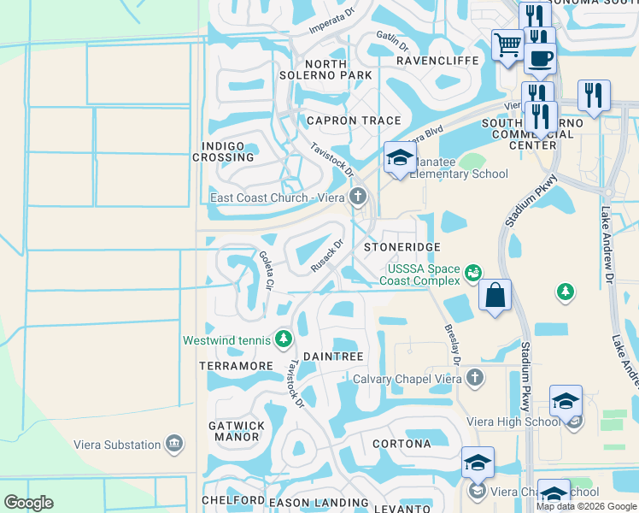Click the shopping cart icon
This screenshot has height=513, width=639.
507,44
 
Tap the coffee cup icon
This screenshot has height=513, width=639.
539,59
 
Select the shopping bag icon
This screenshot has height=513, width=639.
495,295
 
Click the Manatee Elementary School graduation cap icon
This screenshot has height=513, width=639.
399,157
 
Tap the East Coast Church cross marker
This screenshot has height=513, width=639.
358,198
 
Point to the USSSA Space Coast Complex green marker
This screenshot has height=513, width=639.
473,273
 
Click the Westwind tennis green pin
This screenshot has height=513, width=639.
283,340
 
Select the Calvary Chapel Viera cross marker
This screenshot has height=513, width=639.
475,378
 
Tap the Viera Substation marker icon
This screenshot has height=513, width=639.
174,444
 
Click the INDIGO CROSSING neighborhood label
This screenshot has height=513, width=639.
223,152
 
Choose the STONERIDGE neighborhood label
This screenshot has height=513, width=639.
402,247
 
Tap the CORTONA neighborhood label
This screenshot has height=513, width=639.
402,444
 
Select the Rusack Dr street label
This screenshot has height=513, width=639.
326,256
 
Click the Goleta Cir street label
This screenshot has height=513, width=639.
267,269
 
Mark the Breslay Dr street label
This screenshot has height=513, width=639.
452,343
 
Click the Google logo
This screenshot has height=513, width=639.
29,503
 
